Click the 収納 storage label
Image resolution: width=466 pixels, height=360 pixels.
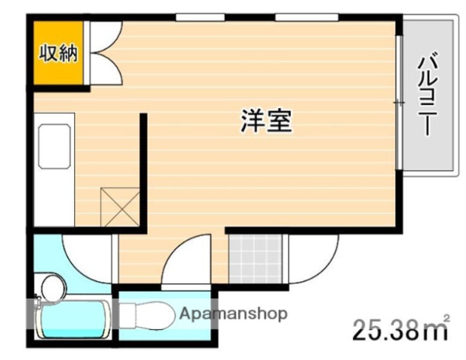pyautogui.click(x=58, y=55)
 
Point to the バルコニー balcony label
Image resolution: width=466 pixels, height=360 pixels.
pyautogui.click(x=428, y=94)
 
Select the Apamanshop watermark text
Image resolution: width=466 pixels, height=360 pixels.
pyautogui.click(x=232, y=314)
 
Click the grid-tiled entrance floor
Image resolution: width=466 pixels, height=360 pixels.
pyautogui.click(x=257, y=259)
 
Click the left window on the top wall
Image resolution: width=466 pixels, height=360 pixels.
pyautogui.click(x=200, y=16)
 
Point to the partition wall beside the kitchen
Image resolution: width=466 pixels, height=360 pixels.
pyautogui.click(x=143, y=169)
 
